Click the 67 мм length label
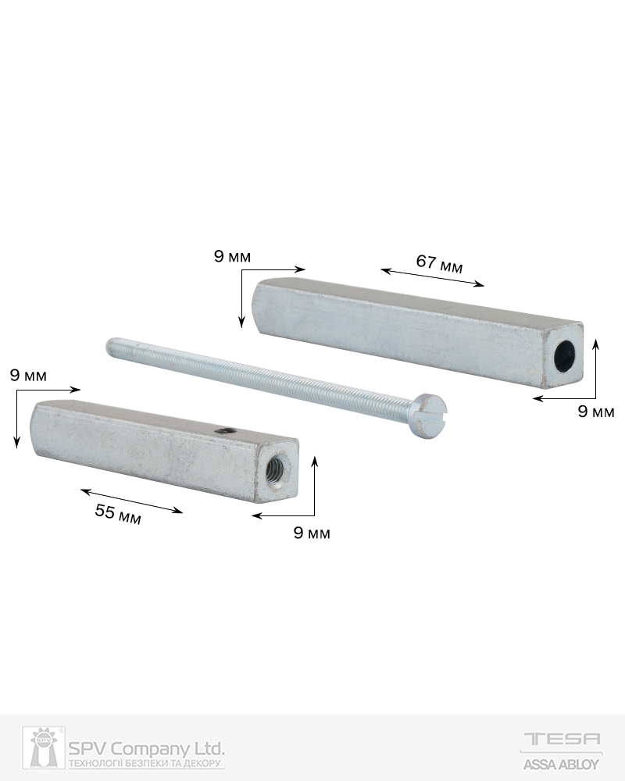click(440, 264)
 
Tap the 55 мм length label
click(118, 515)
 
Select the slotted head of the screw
click(430, 416)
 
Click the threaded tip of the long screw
click(111, 345)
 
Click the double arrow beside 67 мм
click(433, 277)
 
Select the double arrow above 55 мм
click(131, 501)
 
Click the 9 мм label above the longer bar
click(232, 257)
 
